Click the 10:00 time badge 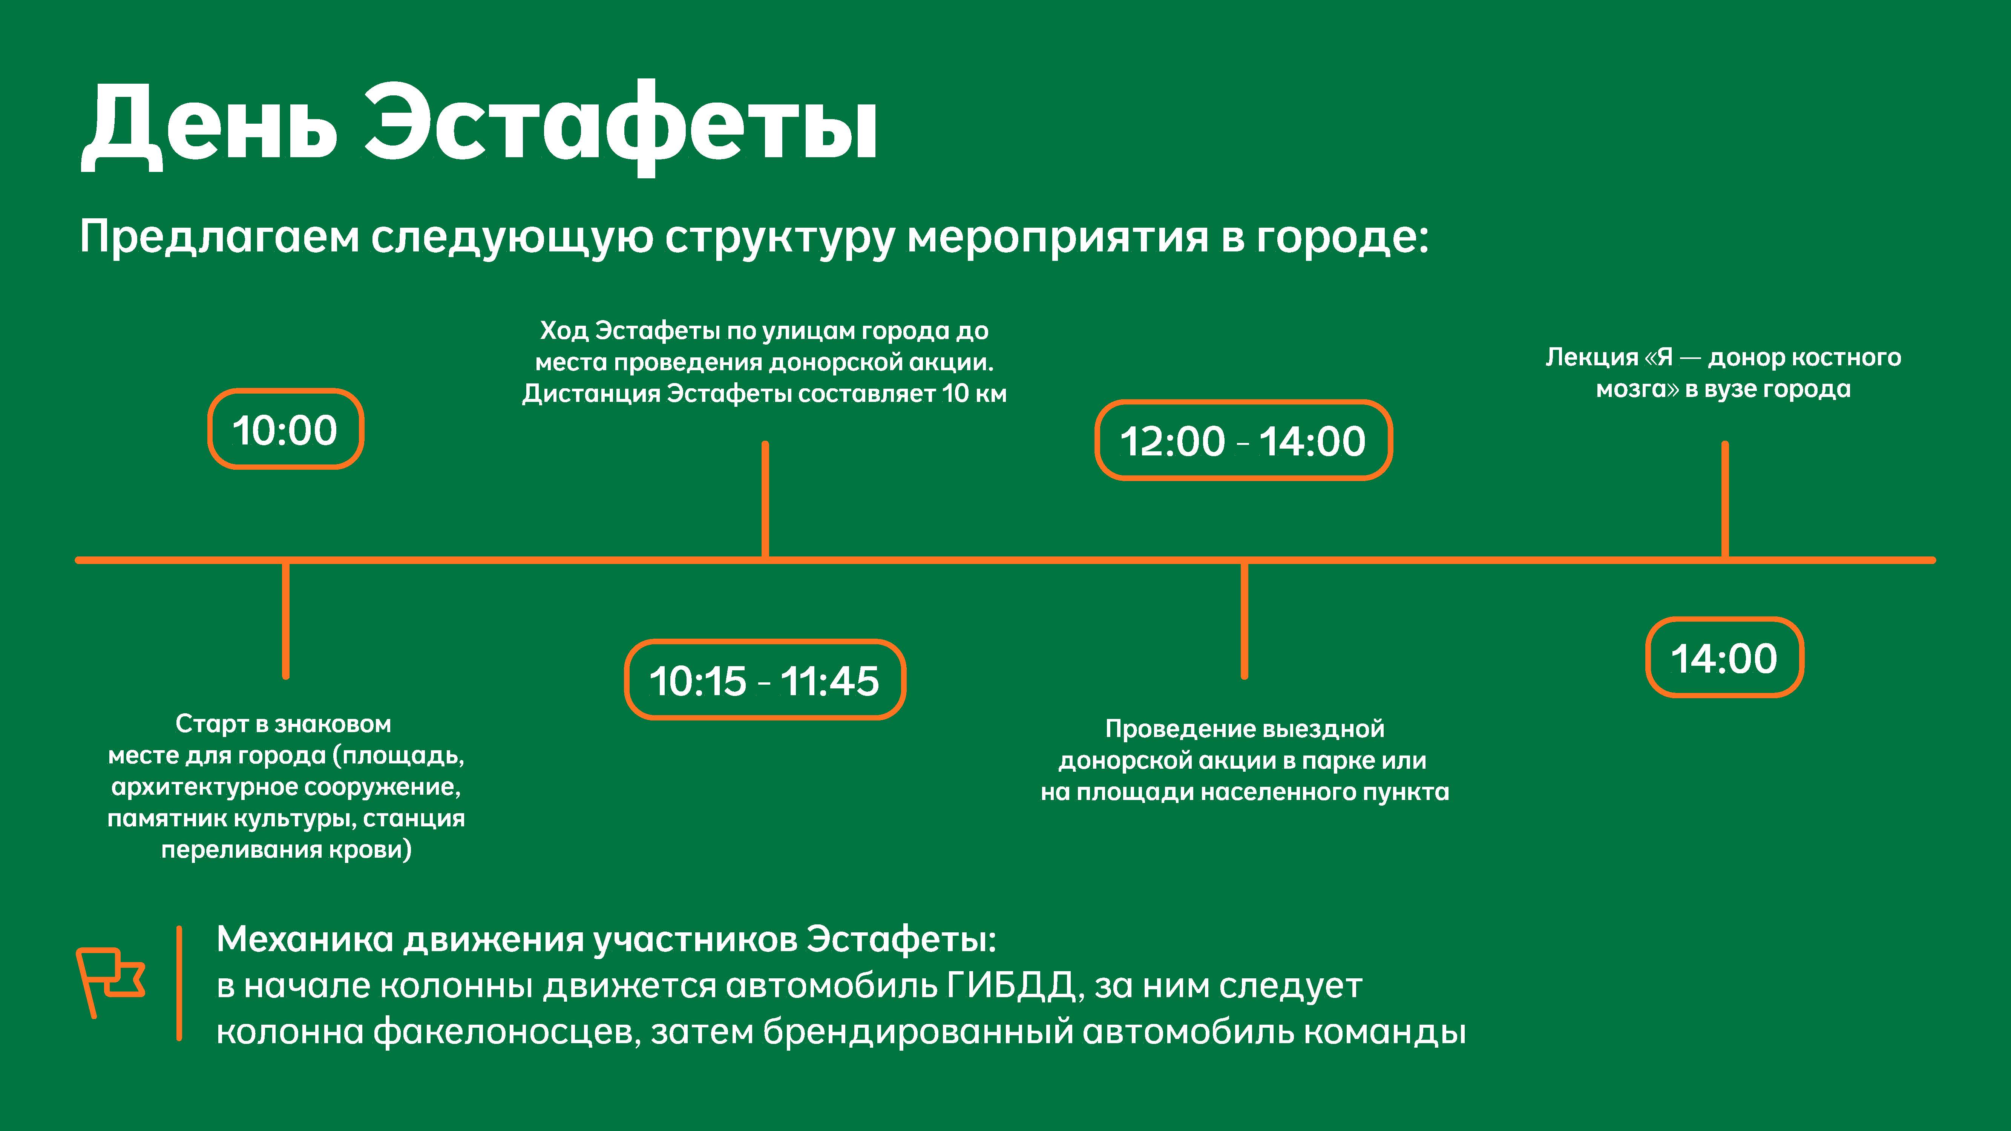(x=286, y=429)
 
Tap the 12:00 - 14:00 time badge (x=1244, y=440)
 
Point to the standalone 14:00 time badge (x=1724, y=657)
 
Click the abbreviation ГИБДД (x=1012, y=986)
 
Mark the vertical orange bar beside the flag (x=179, y=984)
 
